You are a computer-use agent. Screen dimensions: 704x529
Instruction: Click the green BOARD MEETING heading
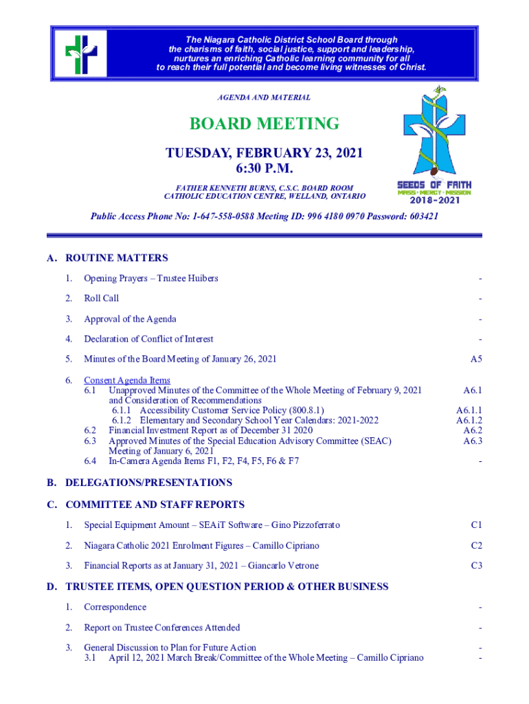point(264,124)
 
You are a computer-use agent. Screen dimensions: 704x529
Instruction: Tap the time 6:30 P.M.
point(264,168)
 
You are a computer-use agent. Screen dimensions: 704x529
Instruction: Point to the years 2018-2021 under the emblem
point(434,201)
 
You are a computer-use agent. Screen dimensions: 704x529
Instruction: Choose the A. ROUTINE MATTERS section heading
point(107,258)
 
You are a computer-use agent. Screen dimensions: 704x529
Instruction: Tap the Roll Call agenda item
point(101,298)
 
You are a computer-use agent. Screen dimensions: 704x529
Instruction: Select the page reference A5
point(475,359)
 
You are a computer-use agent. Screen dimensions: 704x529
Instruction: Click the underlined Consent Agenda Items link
point(127,380)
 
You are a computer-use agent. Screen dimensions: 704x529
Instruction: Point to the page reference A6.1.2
point(469,420)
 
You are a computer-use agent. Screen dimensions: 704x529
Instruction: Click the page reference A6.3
point(473,441)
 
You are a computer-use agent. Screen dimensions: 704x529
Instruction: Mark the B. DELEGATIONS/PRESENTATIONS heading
point(139,483)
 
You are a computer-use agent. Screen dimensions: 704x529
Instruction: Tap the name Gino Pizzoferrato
point(305,525)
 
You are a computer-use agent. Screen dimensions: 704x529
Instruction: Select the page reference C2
point(476,546)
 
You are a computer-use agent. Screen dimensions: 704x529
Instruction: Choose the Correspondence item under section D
point(115,607)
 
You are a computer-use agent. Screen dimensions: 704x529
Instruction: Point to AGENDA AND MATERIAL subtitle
point(264,98)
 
